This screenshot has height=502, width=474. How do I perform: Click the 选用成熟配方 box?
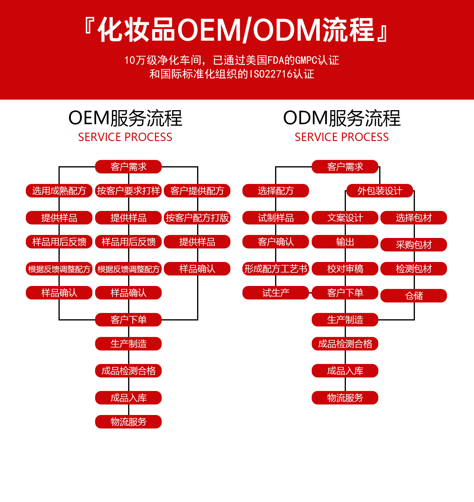point(59,191)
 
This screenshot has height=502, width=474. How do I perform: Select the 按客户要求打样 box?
point(128,191)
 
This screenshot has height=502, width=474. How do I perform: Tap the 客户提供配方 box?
point(197,191)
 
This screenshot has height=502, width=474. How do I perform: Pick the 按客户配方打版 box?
point(197,218)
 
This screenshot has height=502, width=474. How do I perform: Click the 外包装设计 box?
point(380,191)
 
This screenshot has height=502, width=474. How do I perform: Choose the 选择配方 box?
point(276,191)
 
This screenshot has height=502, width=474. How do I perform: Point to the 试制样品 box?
point(276,218)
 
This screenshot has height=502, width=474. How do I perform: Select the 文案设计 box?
point(345,218)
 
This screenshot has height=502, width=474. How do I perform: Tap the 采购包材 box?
point(414,245)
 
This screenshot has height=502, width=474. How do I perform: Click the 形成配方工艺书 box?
point(276,269)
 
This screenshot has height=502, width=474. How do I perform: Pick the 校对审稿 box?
point(345,269)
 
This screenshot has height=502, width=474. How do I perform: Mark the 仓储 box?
point(414,296)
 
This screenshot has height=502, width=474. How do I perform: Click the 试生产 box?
point(276,293)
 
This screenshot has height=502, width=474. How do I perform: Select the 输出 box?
point(345,242)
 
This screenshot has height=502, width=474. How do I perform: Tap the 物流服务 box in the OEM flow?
point(128,422)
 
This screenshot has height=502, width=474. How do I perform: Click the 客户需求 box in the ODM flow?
point(345,167)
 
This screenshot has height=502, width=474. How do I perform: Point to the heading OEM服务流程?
point(125,118)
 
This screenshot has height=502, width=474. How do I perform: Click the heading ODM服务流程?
point(342,118)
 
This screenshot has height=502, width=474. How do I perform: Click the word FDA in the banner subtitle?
point(275,60)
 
